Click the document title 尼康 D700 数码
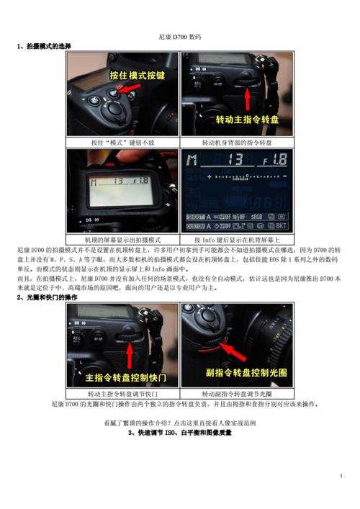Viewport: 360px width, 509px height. [179, 36]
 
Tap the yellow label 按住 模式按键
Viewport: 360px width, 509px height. [137, 75]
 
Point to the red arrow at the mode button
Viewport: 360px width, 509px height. [130, 89]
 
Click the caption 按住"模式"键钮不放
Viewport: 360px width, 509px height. [122, 143]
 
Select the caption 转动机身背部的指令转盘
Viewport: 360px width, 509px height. [237, 143]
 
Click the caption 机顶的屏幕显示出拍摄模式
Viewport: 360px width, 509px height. [122, 238]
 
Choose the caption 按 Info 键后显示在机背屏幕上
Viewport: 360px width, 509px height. [237, 238]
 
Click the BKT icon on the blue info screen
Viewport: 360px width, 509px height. [282, 226]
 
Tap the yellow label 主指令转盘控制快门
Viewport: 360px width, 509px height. [126, 377]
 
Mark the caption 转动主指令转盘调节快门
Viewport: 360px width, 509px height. [122, 395]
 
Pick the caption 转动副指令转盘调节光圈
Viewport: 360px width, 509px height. [237, 395]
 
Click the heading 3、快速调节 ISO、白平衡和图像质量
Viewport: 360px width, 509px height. [179, 433]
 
